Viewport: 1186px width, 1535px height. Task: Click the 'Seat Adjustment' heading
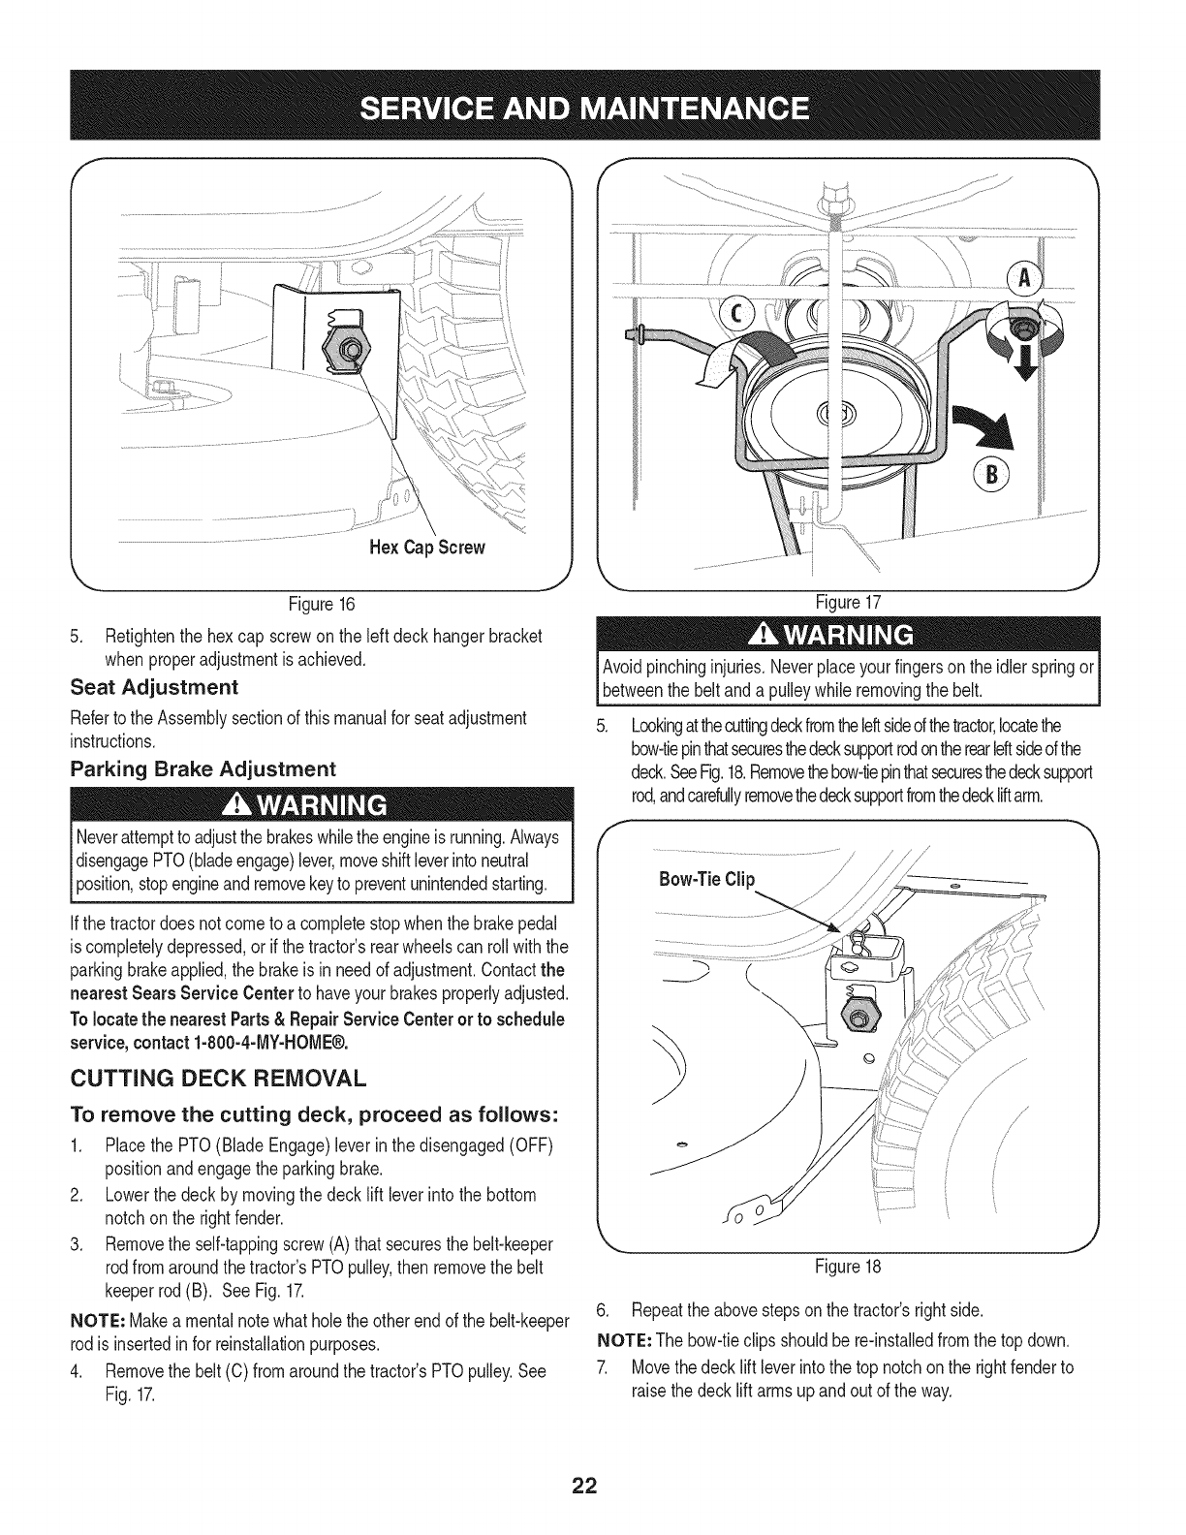[x=154, y=687]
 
